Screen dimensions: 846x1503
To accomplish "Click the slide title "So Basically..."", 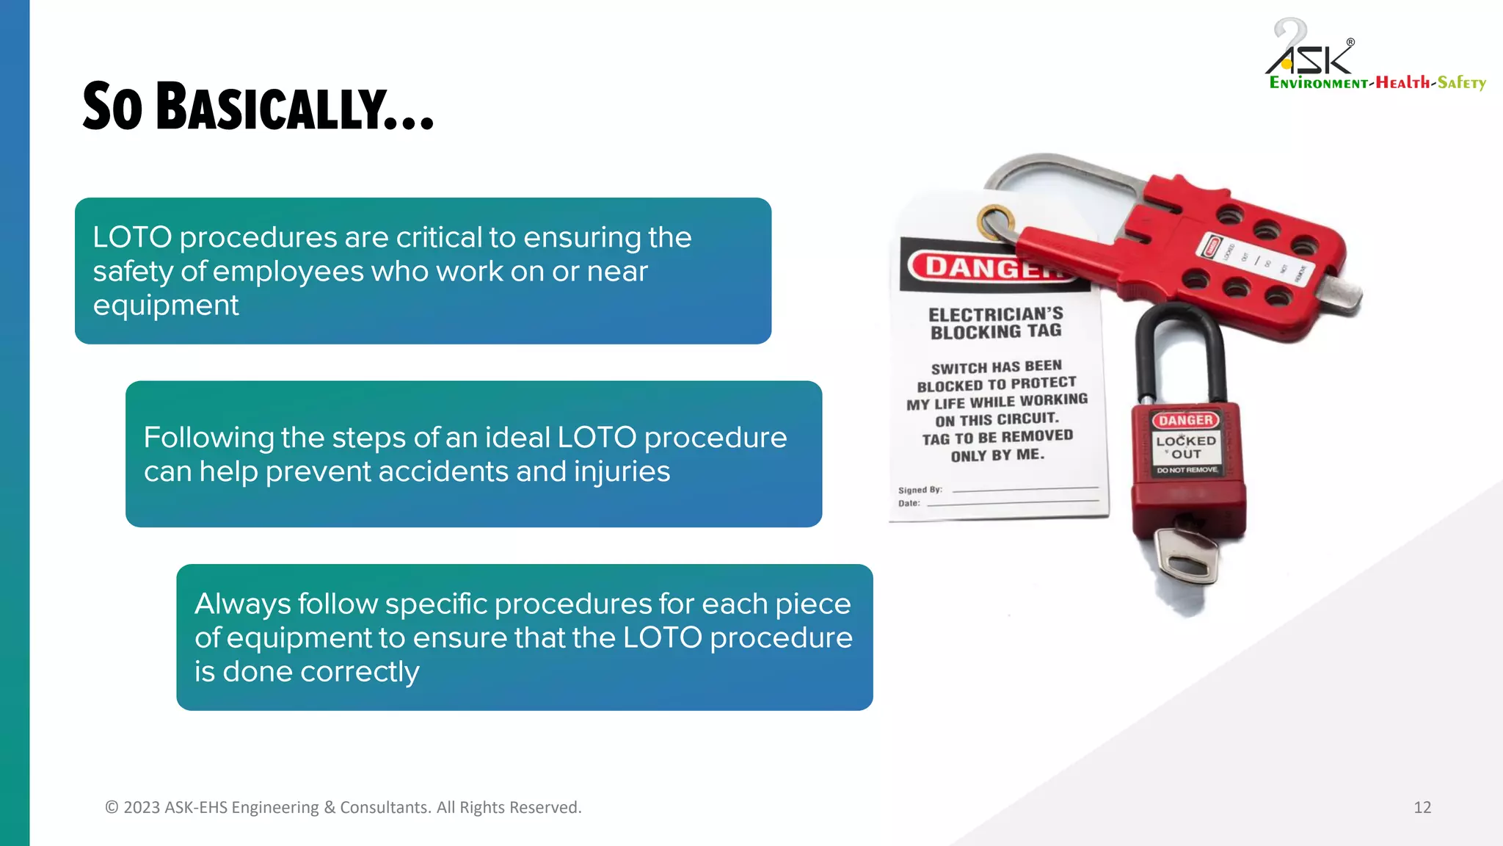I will (x=258, y=107).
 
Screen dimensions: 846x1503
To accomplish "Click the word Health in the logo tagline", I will (x=1402, y=82).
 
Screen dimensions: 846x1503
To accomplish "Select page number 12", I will (x=1422, y=807).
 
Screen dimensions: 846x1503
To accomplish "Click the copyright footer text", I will (x=343, y=807).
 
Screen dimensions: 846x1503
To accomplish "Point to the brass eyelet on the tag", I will (x=995, y=221).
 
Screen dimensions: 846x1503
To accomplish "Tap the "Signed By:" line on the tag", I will (x=920, y=490).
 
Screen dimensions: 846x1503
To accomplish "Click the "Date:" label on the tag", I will (x=909, y=504).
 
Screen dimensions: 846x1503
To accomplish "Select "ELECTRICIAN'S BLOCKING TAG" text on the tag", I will (x=996, y=323).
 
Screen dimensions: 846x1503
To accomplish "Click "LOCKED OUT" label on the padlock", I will (x=1186, y=446).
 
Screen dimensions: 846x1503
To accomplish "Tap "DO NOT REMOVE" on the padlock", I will (x=1187, y=470).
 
